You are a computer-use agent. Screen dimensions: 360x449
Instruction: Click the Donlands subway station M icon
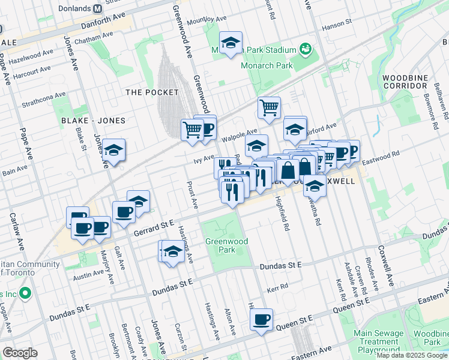coord(97,9)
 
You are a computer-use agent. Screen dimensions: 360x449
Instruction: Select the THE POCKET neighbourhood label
coord(152,92)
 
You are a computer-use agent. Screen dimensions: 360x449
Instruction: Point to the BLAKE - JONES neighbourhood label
coord(94,121)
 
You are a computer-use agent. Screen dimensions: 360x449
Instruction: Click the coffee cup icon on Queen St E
coord(261,320)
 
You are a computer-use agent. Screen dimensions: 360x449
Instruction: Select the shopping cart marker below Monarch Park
coord(270,108)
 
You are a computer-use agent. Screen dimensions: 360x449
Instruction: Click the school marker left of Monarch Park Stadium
coord(231,43)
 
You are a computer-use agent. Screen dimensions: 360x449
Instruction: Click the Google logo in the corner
coord(20,353)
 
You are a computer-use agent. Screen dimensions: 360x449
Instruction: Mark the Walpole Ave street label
coord(240,135)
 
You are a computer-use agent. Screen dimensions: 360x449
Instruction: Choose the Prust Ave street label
coord(192,196)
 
